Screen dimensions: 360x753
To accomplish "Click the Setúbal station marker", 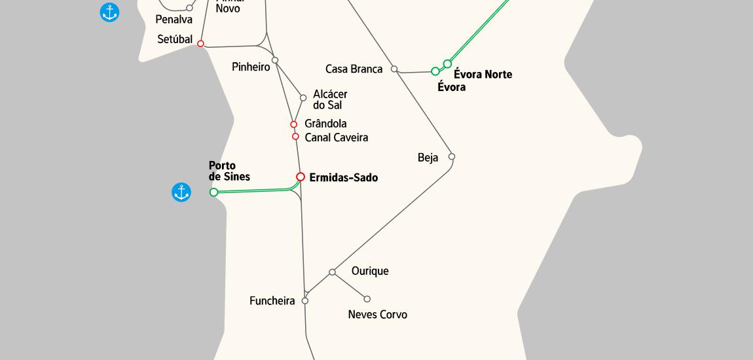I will click(x=201, y=44).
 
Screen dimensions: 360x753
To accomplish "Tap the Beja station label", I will click(x=428, y=158).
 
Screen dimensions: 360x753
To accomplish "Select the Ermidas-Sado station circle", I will click(x=301, y=177).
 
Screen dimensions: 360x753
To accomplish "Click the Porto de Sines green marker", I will click(x=213, y=192).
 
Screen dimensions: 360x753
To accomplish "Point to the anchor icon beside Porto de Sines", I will click(x=181, y=192).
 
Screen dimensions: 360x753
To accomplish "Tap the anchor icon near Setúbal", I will click(x=109, y=12).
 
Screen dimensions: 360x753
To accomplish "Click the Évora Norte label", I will click(x=483, y=75).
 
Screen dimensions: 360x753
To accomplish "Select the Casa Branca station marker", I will click(x=394, y=69).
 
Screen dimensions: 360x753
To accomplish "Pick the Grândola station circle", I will click(x=294, y=124).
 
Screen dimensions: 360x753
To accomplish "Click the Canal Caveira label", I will click(x=336, y=137).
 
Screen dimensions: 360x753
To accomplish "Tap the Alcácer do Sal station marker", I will click(x=303, y=98).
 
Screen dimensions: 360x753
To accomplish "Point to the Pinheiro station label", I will click(x=251, y=67).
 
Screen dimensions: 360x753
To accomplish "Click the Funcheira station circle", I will click(x=305, y=301).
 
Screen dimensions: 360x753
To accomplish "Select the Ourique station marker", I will click(x=332, y=272).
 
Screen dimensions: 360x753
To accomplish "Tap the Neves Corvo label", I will click(x=377, y=315).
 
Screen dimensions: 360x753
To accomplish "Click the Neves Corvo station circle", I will click(x=367, y=299).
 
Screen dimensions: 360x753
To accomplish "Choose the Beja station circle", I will click(x=452, y=156).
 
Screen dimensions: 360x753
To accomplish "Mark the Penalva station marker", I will click(x=189, y=8).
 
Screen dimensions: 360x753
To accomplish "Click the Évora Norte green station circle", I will click(x=447, y=63).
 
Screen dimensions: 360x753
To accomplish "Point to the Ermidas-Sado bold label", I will click(x=343, y=177).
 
